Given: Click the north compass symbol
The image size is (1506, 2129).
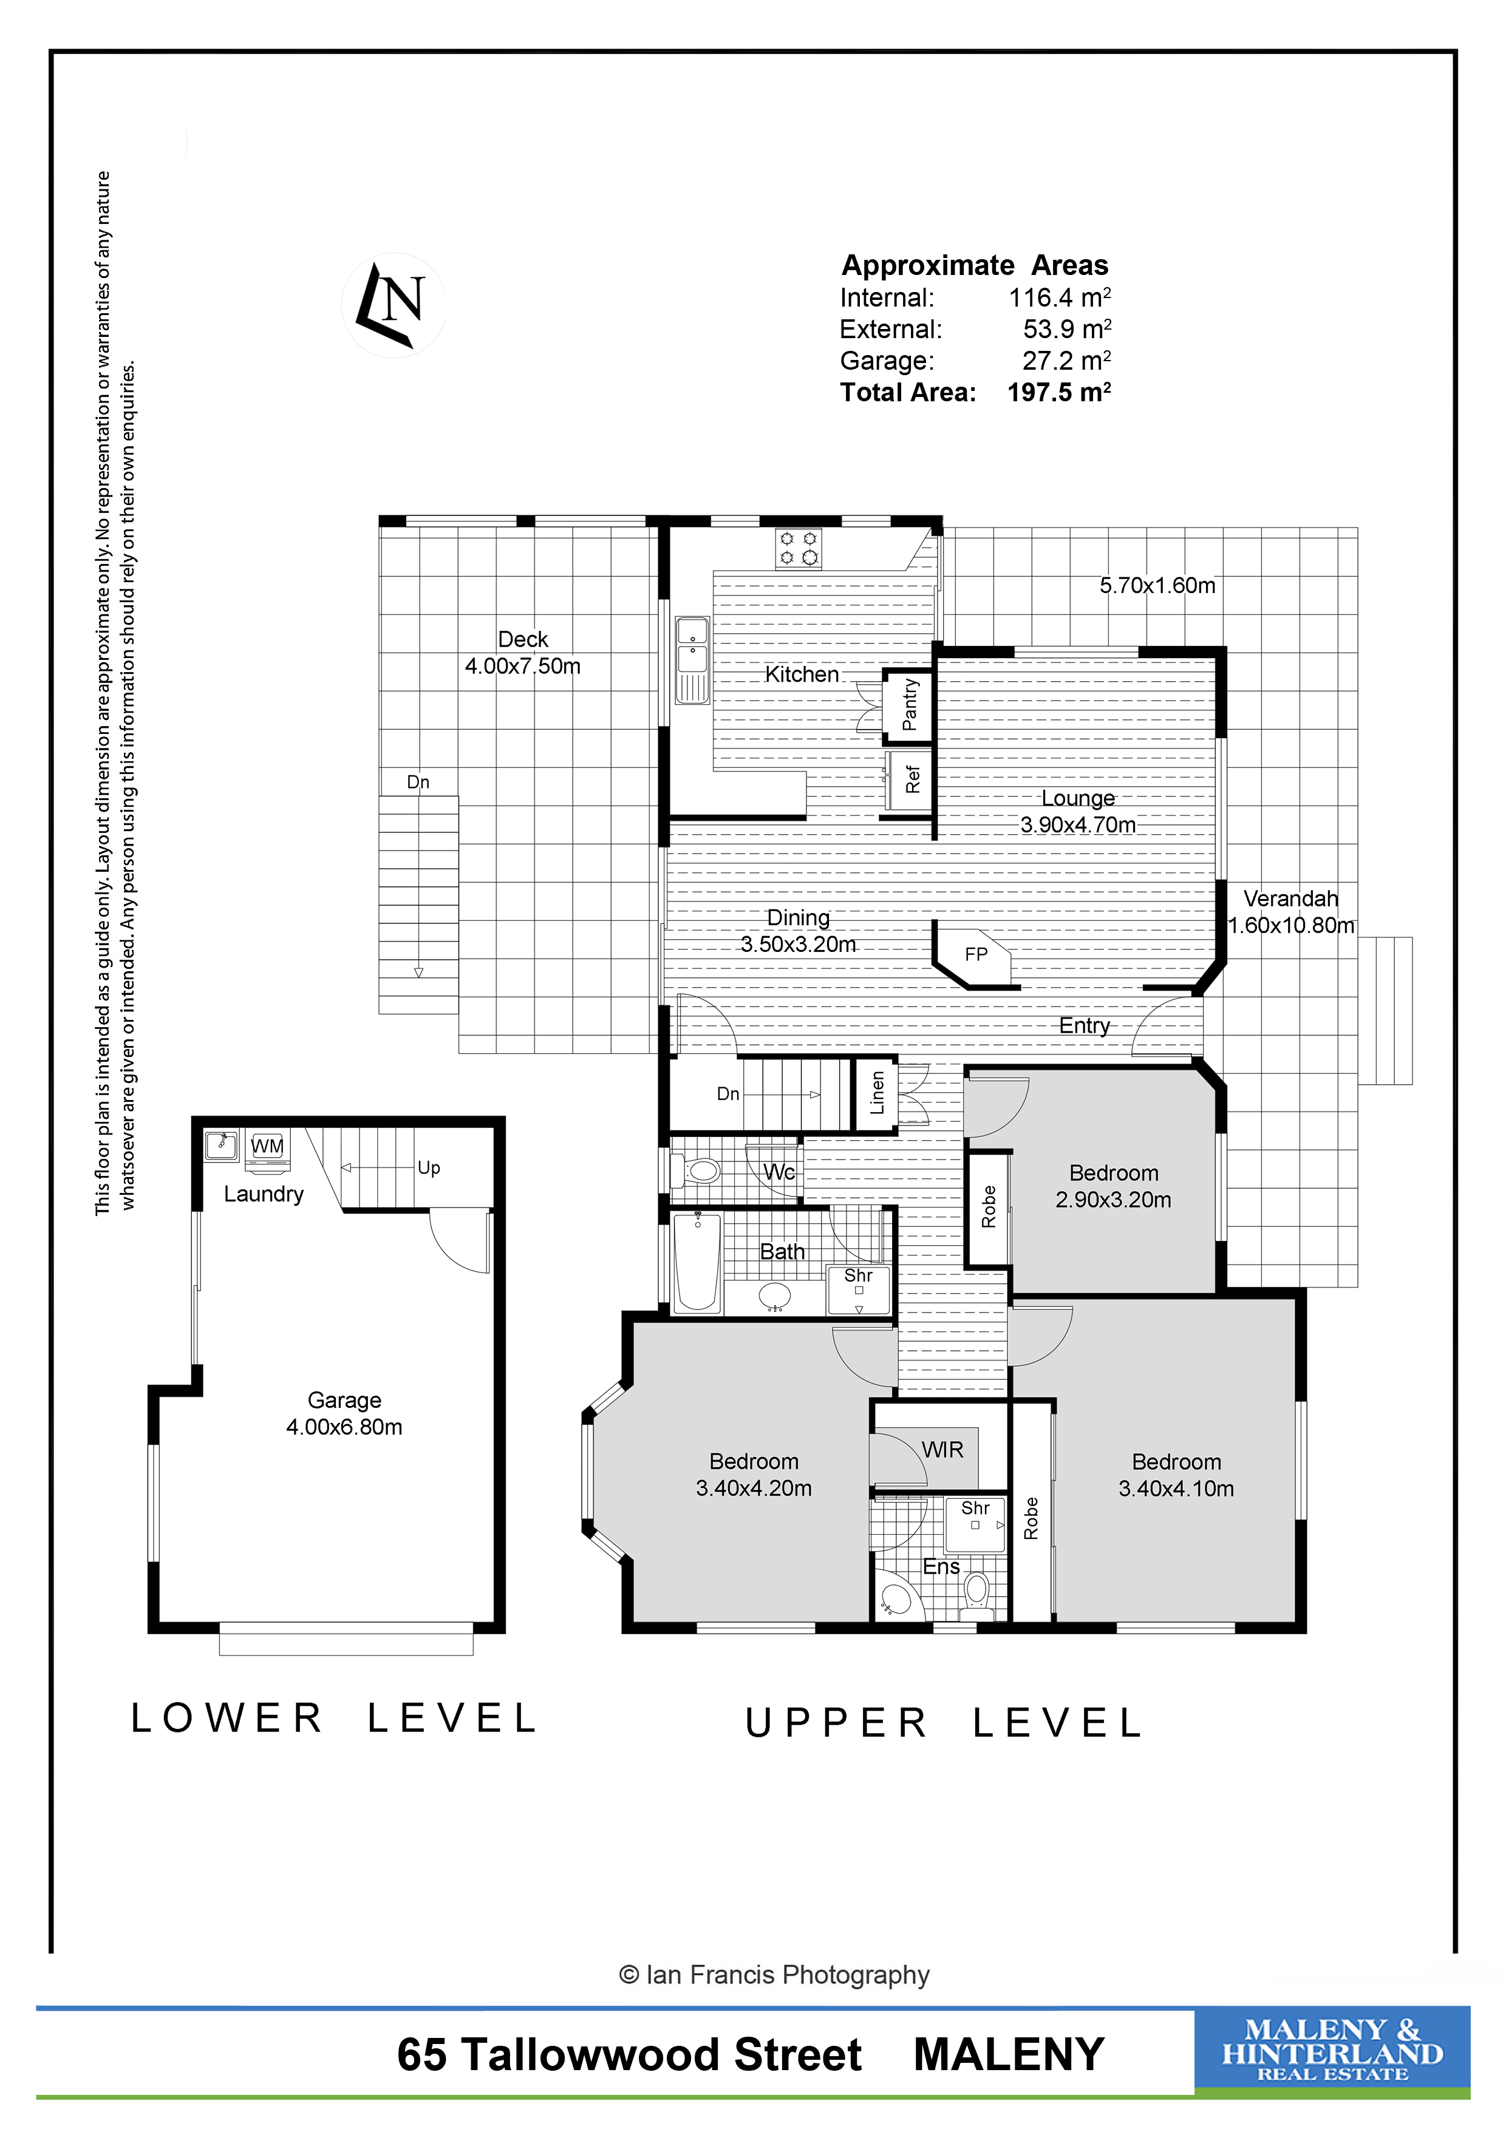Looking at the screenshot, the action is click(x=394, y=305).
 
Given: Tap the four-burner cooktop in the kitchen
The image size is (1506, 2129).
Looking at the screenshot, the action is click(x=799, y=548).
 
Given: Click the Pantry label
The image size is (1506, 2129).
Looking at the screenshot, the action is click(x=910, y=705).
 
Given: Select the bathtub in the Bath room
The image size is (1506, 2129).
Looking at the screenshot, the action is click(x=697, y=1262).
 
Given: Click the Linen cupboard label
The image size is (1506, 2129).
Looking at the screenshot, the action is click(x=877, y=1092).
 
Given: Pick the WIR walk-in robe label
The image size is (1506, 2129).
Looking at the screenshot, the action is click(x=942, y=1449).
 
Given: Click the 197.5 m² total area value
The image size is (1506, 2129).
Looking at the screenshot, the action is click(x=1059, y=392).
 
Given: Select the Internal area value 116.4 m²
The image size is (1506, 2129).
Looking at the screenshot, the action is click(x=1060, y=297).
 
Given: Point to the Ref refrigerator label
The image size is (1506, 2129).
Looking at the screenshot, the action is click(x=913, y=779).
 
